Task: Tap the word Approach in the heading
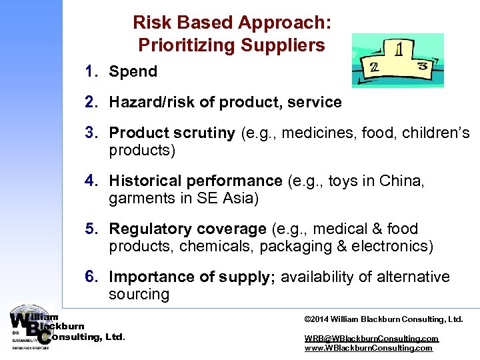(x=283, y=23)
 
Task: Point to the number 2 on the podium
(x=375, y=67)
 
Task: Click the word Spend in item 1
(x=133, y=71)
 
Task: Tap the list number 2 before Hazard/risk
(x=90, y=102)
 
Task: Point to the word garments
(x=139, y=198)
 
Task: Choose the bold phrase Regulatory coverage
(x=187, y=229)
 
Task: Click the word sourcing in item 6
(x=139, y=294)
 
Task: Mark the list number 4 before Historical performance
(x=90, y=181)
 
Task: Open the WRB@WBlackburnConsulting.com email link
(x=371, y=339)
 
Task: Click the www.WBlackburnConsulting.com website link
(x=368, y=348)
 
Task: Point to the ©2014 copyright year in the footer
(x=317, y=319)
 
